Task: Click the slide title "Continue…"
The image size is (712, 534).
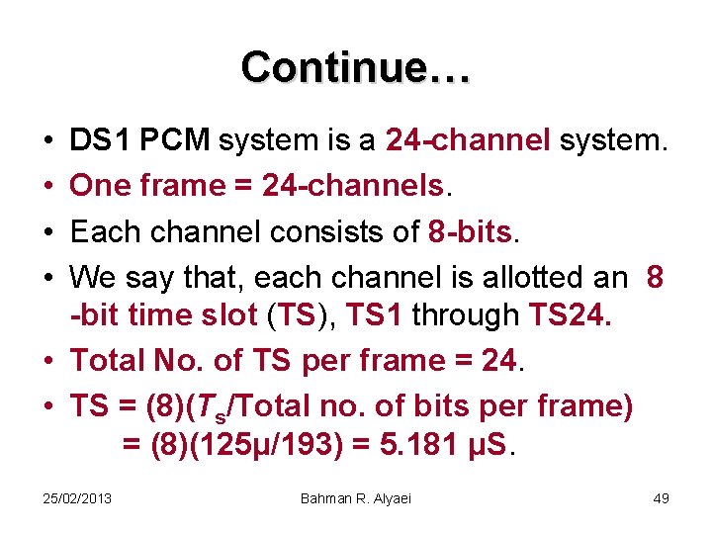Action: click(356, 67)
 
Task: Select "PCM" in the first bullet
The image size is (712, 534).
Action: click(176, 141)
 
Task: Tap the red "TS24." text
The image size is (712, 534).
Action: click(571, 316)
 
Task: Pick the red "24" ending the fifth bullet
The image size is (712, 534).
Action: click(499, 360)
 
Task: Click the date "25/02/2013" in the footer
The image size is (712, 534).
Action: click(77, 497)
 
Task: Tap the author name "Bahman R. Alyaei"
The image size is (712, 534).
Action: click(355, 497)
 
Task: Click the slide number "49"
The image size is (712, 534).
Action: click(661, 497)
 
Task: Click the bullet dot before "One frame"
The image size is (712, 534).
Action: click(49, 186)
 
